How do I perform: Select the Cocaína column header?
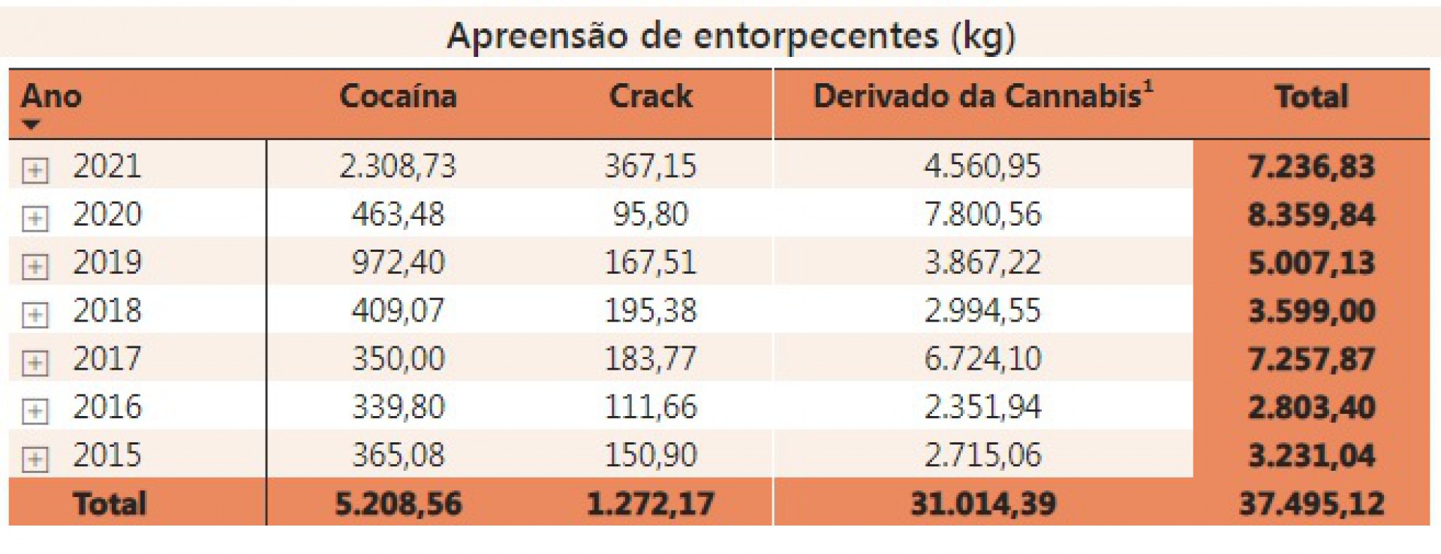coord(398,97)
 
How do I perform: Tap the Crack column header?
coord(651,97)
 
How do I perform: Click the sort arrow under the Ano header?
coord(31,124)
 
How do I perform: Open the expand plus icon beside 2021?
coord(35,170)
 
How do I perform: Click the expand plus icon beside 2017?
coord(35,363)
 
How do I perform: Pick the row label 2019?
coord(107,262)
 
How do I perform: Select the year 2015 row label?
coord(107,455)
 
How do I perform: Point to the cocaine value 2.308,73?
coord(398,166)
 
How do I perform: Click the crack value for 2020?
coord(651,214)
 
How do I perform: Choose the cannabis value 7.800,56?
coord(982,214)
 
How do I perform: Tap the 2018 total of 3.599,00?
coord(1311,311)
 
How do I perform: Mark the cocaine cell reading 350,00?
coord(398,359)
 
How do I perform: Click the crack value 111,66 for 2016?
coord(651,407)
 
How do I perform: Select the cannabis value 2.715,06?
coord(982,455)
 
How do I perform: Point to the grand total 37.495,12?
coord(1311,504)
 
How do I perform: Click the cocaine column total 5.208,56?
coord(398,504)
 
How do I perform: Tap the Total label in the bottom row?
coord(110,504)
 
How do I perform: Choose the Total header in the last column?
coord(1311,97)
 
